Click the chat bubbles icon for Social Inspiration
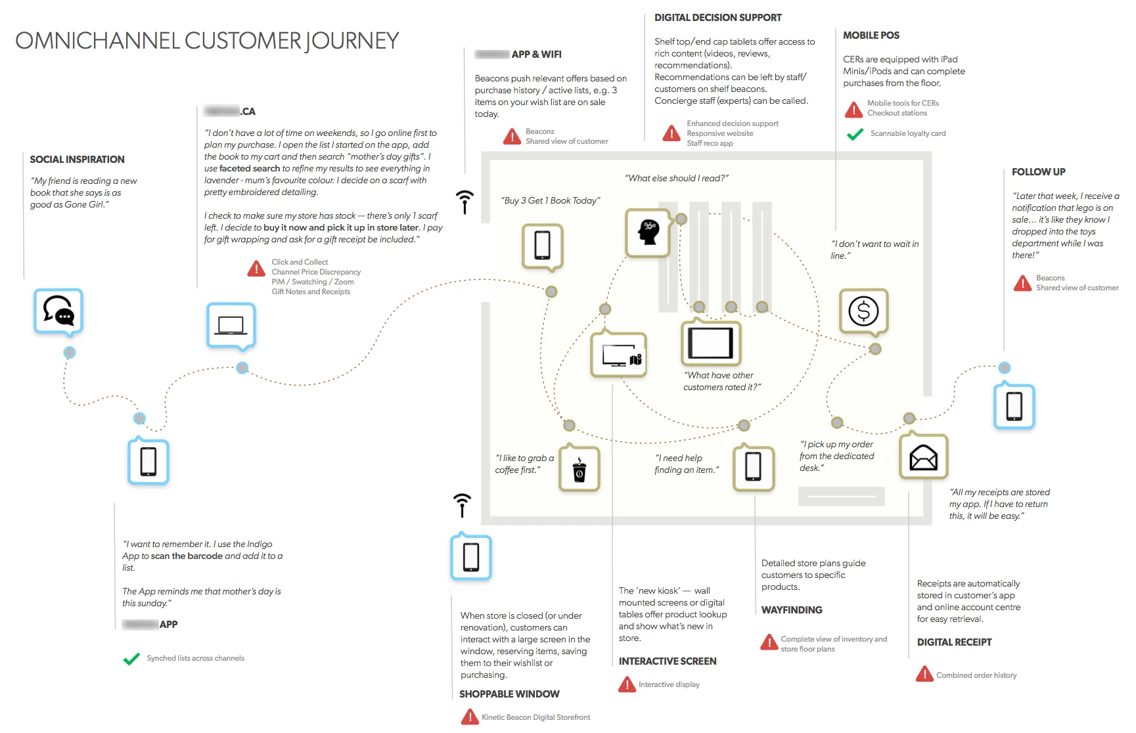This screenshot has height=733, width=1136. tap(58, 311)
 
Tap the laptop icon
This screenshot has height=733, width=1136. tap(231, 325)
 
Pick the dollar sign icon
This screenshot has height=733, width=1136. tap(863, 311)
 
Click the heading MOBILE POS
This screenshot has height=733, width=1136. tap(871, 35)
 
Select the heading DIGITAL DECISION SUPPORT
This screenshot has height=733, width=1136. tap(717, 18)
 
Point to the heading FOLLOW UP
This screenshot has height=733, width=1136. tap(1038, 172)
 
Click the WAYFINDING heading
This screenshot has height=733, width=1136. tap(791, 610)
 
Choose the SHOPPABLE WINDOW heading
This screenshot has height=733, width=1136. tap(509, 694)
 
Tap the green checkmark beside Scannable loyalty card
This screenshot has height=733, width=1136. tap(855, 134)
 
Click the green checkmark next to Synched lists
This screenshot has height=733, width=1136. tap(131, 658)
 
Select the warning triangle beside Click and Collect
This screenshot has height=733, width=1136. tap(256, 269)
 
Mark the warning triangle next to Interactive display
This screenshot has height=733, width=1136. tap(627, 685)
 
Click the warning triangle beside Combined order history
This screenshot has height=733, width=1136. tap(924, 675)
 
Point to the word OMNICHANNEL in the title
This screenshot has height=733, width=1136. tap(97, 41)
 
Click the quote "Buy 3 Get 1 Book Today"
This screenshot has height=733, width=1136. tap(551, 201)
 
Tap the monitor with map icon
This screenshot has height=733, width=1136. tap(618, 355)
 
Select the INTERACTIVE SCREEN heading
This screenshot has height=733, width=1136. tap(667, 661)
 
